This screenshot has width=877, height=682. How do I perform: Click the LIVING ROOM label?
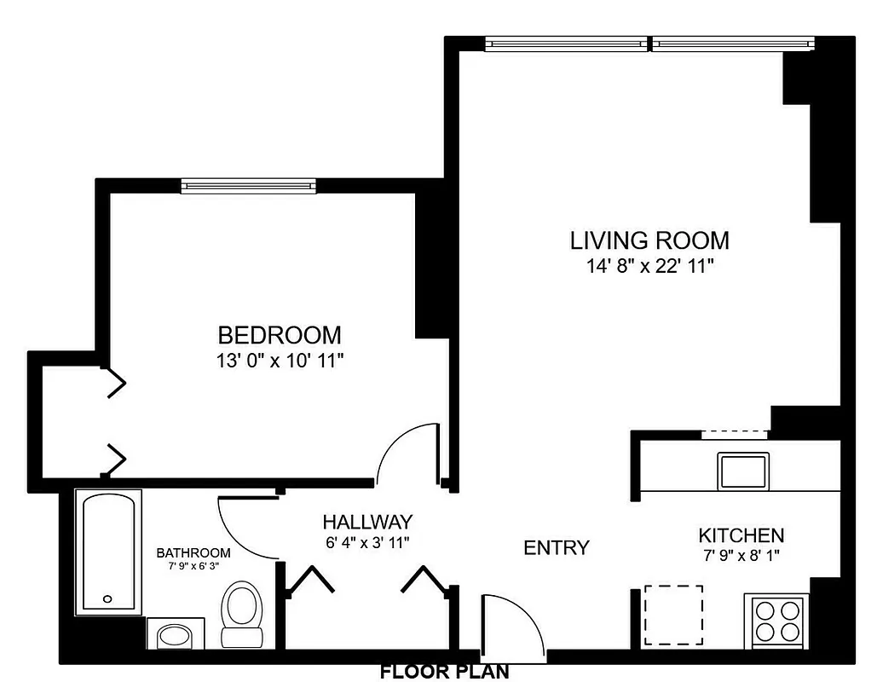tap(649, 240)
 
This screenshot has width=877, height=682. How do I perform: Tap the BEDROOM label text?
tap(280, 334)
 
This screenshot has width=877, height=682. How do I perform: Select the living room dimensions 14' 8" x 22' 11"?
tap(649, 266)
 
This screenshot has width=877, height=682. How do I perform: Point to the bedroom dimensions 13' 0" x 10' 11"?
tap(280, 361)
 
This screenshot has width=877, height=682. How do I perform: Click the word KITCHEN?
tap(741, 536)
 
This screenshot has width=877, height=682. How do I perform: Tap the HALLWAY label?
tap(367, 522)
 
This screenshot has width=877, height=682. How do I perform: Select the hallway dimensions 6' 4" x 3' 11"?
tap(367, 541)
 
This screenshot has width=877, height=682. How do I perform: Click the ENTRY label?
tap(556, 547)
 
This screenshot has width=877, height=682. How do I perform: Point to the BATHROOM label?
tap(193, 552)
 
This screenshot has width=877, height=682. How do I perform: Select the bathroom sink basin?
tap(176, 635)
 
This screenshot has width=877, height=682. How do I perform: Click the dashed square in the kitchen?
tap(673, 615)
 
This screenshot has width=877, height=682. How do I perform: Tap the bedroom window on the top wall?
tap(248, 186)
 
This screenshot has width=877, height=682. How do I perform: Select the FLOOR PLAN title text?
tap(444, 672)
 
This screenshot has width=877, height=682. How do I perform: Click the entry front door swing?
tap(511, 627)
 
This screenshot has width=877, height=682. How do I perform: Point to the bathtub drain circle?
tap(107, 598)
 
